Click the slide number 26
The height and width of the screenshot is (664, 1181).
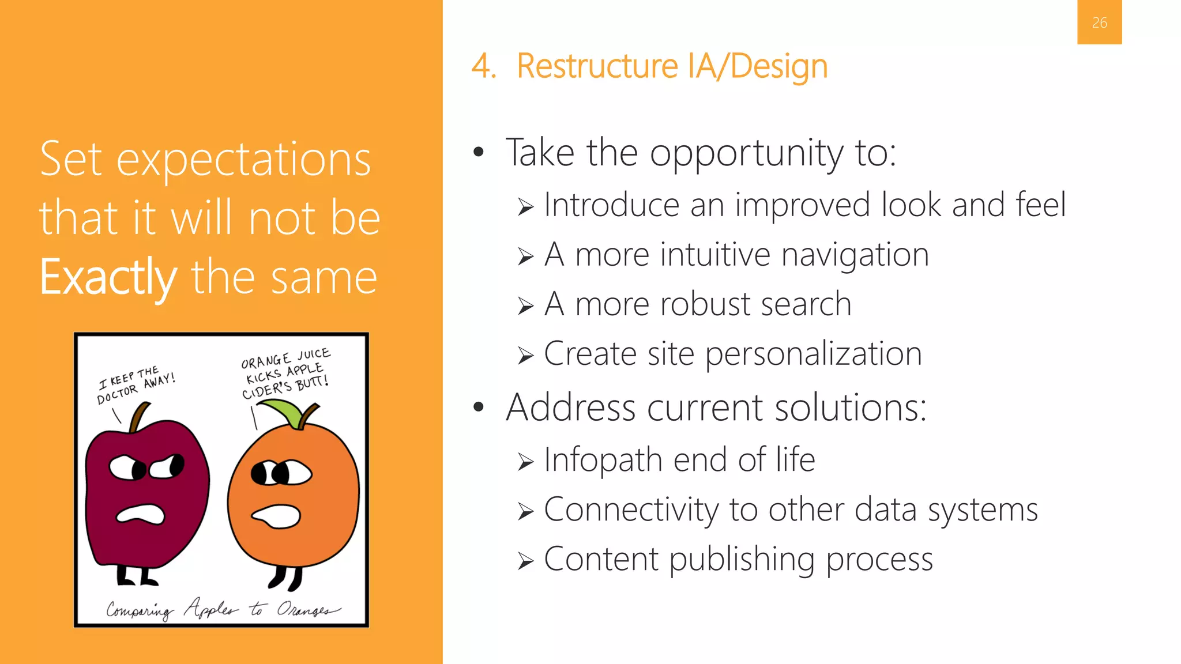[1099, 22]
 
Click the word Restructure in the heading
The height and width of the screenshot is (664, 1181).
[597, 66]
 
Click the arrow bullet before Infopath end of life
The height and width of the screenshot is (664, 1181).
[525, 462]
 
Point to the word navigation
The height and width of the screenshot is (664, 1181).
[855, 255]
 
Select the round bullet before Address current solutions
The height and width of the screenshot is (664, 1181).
[478, 408]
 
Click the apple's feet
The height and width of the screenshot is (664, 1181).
[136, 576]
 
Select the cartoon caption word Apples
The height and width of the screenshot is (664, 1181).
[210, 609]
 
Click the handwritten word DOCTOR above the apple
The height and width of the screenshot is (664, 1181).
[117, 394]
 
